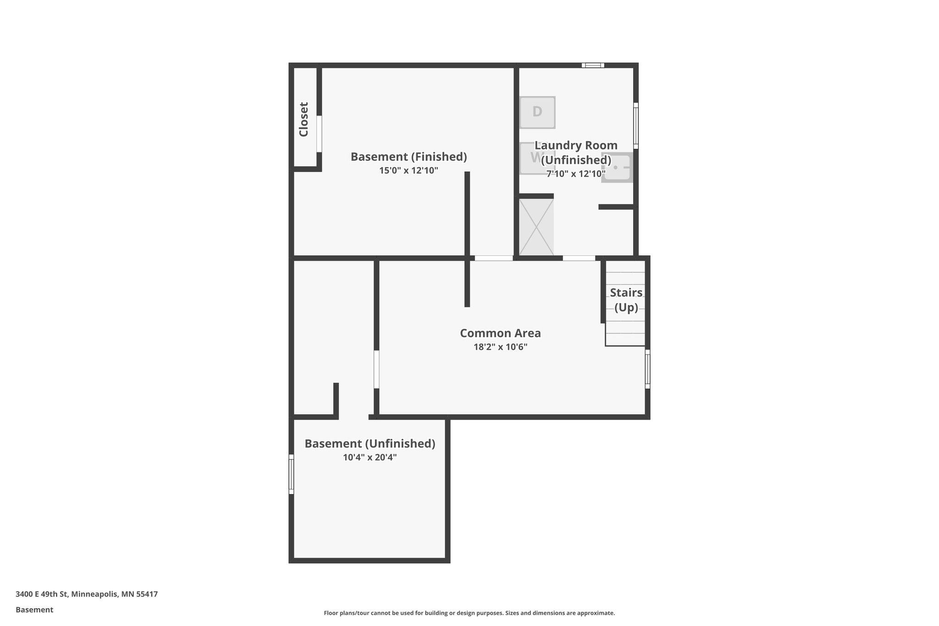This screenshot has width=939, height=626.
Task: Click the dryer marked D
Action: pos(537,112)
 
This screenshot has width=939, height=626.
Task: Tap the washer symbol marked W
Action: pos(532,158)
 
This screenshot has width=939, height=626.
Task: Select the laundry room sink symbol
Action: pos(617,168)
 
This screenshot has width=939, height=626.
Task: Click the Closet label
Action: pos(304,119)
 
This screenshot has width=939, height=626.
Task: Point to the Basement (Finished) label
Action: pos(409,157)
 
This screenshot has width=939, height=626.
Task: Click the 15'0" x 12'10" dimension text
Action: pos(409,171)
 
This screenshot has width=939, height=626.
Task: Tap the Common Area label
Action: pos(500,333)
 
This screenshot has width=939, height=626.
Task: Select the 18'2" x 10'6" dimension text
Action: pos(500,347)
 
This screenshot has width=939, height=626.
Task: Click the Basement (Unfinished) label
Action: pos(370,444)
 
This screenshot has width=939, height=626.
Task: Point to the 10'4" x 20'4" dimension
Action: pos(370,458)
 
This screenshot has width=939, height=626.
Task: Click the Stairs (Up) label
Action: pos(626,300)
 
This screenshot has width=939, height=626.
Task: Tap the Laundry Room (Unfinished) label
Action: pos(576,153)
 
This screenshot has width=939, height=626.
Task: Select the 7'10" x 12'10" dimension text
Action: pos(576,174)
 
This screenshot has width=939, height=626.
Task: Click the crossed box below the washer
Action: pos(536,227)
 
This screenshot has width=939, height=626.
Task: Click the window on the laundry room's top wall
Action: pos(593,65)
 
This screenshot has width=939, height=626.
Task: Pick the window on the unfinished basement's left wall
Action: pos(291,474)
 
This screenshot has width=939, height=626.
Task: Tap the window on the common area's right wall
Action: pos(647,369)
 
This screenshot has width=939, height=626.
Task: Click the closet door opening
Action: pos(319,133)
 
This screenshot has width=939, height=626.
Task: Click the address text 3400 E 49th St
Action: pos(87,594)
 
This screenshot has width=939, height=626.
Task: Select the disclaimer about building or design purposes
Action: pos(469,613)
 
